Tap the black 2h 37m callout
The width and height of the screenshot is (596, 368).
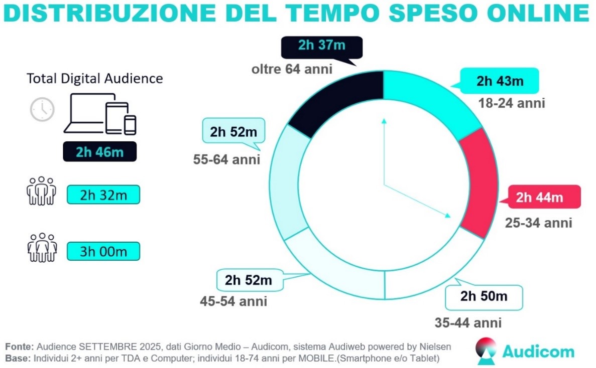pos(321,46)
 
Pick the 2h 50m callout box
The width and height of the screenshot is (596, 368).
pos(484,296)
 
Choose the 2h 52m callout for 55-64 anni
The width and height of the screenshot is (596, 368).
pos(233,132)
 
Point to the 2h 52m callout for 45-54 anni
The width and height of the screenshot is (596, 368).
pos(248,280)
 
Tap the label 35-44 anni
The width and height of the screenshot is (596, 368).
pos(468,322)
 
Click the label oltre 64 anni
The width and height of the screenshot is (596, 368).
pos(292,69)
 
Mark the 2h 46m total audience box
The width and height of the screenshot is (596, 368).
pos(100,152)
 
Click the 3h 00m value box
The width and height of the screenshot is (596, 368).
pos(103,251)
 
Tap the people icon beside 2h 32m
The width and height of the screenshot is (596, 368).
pos(40,191)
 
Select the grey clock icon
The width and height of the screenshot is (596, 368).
pos(42,109)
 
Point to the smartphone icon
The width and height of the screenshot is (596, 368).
pos(131,125)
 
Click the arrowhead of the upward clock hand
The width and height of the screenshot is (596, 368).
pos(384,121)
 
